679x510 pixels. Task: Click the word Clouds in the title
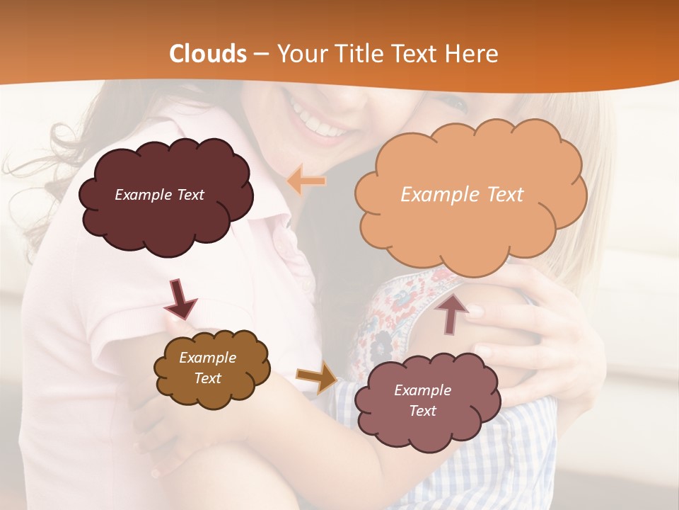(x=208, y=54)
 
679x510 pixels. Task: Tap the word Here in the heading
(x=471, y=54)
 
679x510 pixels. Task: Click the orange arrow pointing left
(x=306, y=181)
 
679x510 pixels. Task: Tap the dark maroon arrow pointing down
(x=180, y=298)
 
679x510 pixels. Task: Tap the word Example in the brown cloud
(x=207, y=358)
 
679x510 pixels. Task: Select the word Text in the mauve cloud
(x=422, y=411)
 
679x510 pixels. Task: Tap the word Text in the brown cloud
(x=207, y=378)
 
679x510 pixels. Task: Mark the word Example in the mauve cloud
(x=422, y=390)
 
